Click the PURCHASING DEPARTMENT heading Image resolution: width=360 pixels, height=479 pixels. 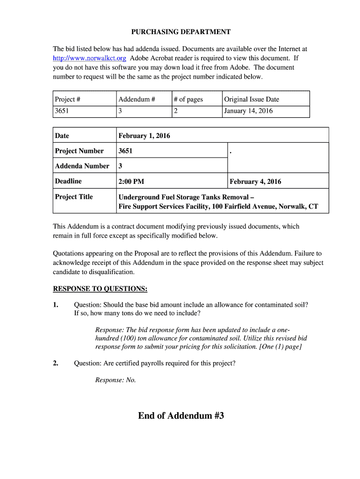(x=180, y=32)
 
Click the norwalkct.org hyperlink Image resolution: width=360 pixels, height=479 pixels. (x=89, y=58)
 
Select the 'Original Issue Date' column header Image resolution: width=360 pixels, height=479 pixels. (x=252, y=99)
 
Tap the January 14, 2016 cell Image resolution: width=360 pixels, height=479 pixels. (x=248, y=111)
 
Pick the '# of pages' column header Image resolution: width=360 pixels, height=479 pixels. (x=188, y=99)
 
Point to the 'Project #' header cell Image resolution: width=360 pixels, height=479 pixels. (x=68, y=99)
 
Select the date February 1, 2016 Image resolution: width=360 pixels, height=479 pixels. (x=144, y=136)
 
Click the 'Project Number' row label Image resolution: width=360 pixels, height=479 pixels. (x=79, y=151)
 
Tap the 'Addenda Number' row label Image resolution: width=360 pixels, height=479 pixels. (x=82, y=166)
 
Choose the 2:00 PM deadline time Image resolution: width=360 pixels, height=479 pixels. (x=131, y=181)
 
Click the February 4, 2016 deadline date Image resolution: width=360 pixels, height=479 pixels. (x=255, y=181)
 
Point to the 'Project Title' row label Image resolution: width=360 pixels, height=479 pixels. (x=74, y=197)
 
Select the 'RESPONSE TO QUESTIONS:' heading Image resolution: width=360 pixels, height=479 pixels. (x=101, y=289)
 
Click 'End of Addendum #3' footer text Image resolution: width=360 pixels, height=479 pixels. (x=181, y=415)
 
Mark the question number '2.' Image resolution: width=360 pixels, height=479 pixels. (x=56, y=363)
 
